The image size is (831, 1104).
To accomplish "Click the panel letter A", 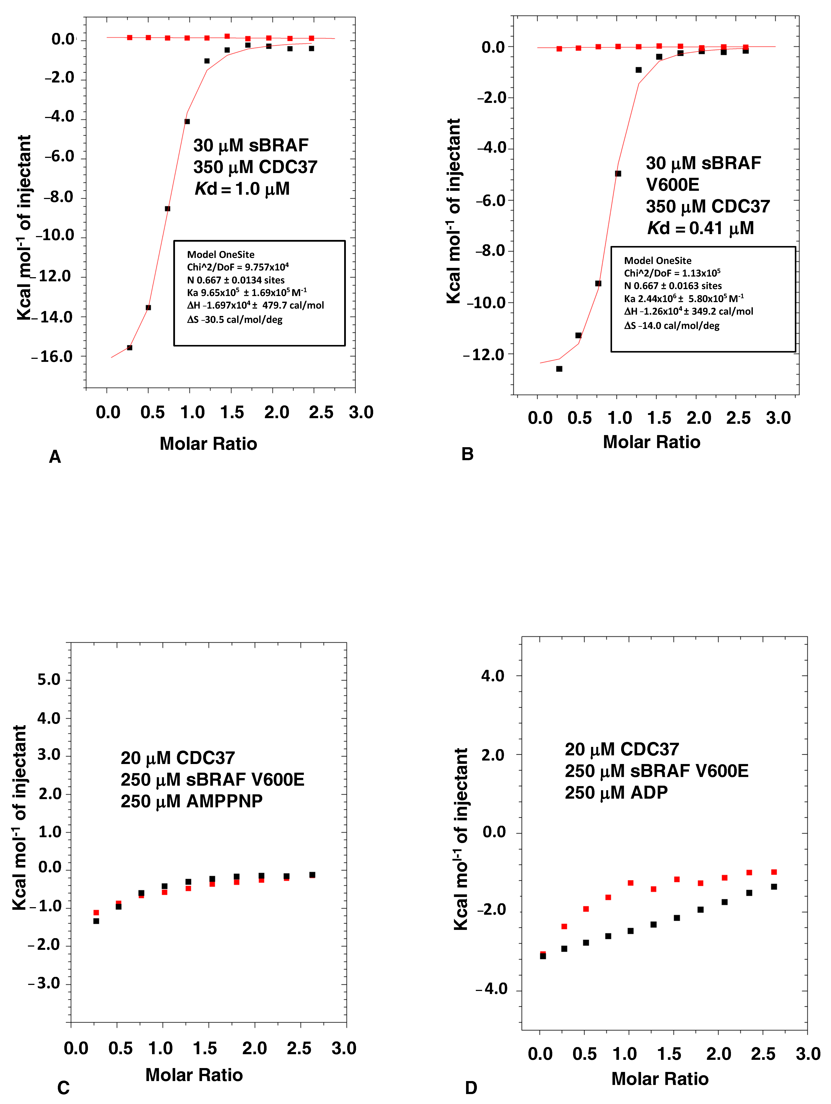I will click(55, 457).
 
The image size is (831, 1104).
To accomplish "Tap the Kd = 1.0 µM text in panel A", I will click(242, 189).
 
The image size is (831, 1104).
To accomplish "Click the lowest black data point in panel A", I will click(130, 347).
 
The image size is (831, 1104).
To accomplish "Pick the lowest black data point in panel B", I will click(559, 369).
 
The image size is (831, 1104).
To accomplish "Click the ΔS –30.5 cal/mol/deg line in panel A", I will click(235, 319).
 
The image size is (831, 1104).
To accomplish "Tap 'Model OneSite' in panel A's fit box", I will click(221, 254).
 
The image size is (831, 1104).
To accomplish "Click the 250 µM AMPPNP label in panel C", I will click(192, 801).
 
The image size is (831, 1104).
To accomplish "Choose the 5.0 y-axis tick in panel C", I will click(49, 679).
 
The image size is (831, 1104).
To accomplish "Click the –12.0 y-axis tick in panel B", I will click(484, 355).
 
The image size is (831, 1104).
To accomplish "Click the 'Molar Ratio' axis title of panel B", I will click(651, 442).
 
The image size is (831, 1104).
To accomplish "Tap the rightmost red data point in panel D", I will click(774, 872).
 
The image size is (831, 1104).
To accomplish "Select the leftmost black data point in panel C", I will click(96, 921).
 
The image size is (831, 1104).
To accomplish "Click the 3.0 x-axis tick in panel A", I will click(361, 412).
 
